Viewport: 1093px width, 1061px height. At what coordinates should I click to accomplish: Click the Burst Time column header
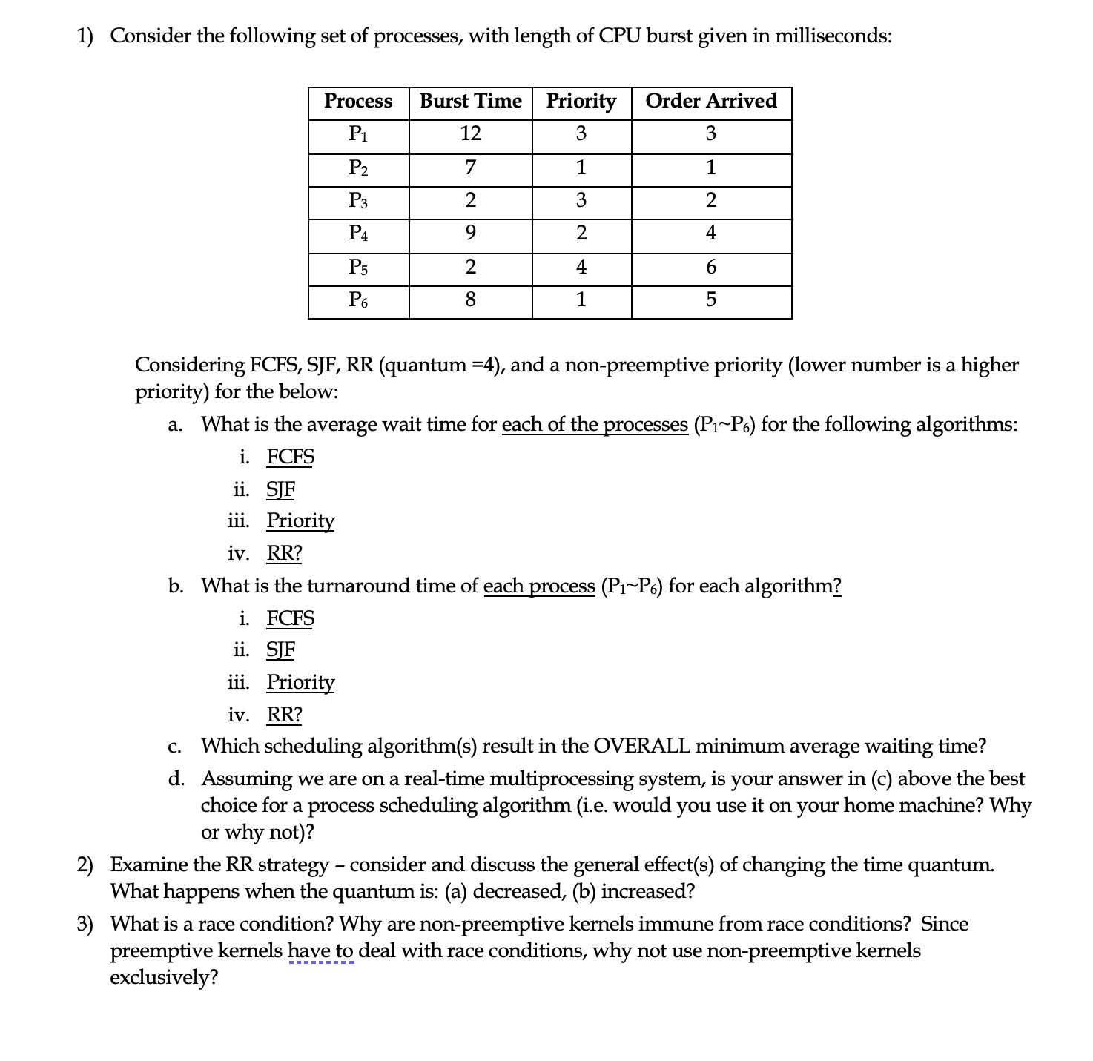(470, 101)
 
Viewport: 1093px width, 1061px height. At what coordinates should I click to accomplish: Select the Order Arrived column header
(710, 101)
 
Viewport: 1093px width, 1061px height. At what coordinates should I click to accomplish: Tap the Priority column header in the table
(581, 101)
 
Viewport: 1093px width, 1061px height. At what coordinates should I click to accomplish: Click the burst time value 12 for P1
(470, 133)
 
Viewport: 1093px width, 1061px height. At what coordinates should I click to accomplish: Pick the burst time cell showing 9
(470, 234)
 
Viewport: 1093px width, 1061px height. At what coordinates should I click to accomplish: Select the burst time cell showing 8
(470, 300)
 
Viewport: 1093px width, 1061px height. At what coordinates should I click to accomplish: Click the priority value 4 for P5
(581, 267)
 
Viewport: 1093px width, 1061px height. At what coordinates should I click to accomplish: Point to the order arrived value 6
(710, 267)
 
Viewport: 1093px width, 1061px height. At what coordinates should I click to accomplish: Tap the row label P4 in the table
(358, 234)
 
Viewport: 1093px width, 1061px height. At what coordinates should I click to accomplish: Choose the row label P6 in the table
(358, 300)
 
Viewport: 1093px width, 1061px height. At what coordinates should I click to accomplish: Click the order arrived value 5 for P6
(710, 300)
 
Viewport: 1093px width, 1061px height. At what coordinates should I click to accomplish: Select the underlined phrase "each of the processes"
(595, 425)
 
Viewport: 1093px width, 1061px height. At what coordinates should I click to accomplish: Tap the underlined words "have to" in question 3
(320, 951)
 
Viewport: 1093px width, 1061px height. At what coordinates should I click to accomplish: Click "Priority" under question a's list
(300, 520)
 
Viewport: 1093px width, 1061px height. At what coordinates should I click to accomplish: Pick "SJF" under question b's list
(280, 650)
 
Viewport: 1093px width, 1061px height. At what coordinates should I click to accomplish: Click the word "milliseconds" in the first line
(831, 36)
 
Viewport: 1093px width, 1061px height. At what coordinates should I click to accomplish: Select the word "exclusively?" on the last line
(164, 977)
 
